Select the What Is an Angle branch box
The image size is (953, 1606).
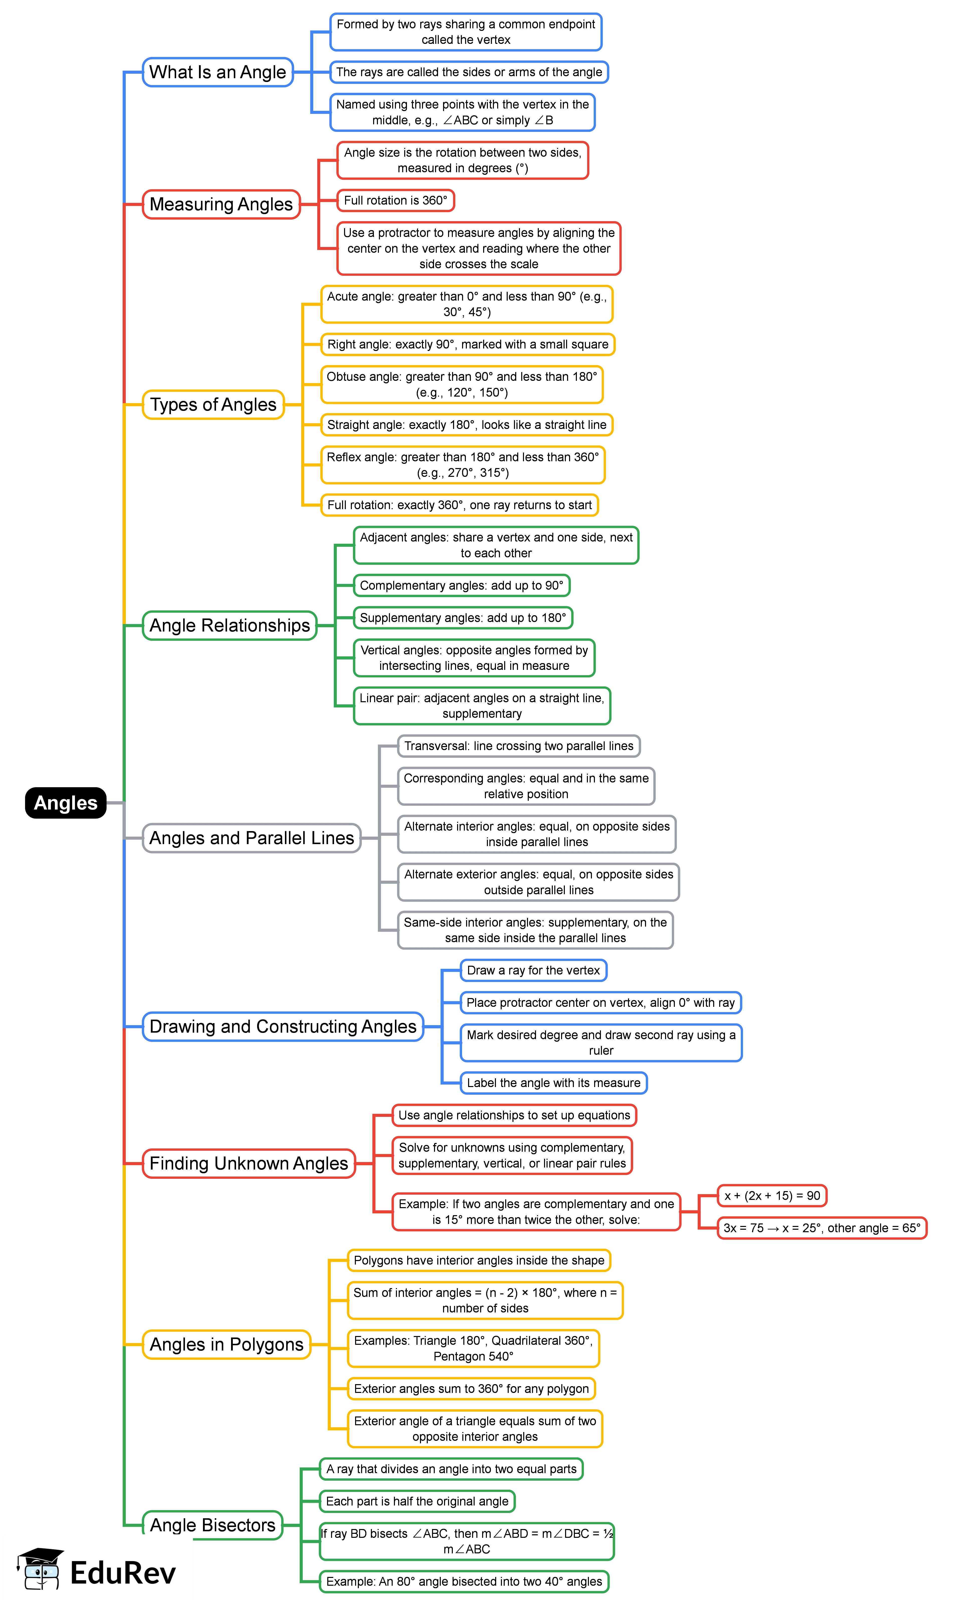(218, 72)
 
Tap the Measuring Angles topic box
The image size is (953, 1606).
(221, 204)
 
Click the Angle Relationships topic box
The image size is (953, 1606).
(229, 625)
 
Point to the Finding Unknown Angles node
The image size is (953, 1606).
(249, 1164)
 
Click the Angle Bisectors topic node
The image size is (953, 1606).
(213, 1525)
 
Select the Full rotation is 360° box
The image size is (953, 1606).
(396, 200)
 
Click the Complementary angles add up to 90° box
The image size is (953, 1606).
(461, 585)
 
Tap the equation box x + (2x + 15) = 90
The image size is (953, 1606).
(772, 1196)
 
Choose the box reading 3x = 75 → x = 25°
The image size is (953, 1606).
(821, 1228)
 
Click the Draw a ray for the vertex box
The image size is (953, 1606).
(533, 970)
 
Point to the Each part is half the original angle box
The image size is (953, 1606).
(417, 1501)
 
